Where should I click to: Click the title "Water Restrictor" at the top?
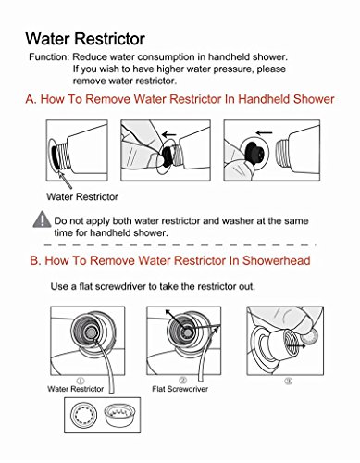click(x=85, y=39)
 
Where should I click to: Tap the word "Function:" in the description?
click(x=49, y=57)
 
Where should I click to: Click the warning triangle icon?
click(x=42, y=219)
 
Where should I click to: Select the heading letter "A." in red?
click(x=31, y=99)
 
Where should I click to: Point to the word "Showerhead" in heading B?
click(x=276, y=260)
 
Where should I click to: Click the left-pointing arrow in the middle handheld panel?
click(x=169, y=134)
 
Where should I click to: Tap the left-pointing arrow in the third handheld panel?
click(x=264, y=133)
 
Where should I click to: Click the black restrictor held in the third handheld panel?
click(x=254, y=152)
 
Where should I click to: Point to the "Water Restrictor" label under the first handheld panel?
click(x=82, y=196)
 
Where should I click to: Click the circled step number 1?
click(x=81, y=381)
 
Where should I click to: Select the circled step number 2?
click(x=182, y=380)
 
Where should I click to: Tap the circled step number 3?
click(x=289, y=382)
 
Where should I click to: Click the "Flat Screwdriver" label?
click(x=180, y=389)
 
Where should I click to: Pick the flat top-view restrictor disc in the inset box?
click(x=83, y=415)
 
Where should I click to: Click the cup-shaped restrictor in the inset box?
click(x=117, y=415)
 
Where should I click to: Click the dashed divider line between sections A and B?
click(x=180, y=245)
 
